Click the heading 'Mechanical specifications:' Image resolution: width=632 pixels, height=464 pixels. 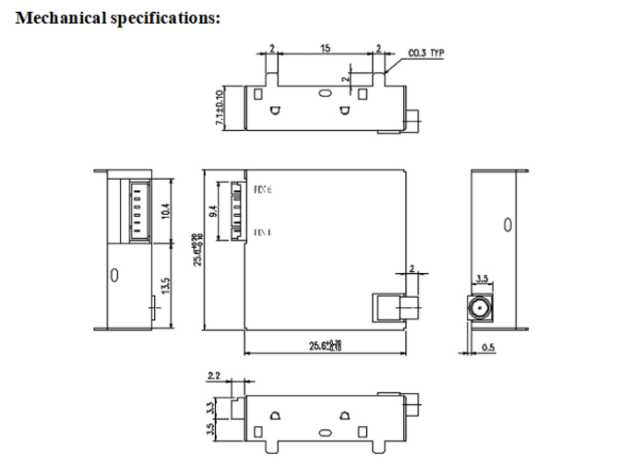[x=118, y=18]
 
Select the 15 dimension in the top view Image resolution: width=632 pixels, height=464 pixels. [x=326, y=47]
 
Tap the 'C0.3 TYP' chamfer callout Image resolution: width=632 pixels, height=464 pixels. [x=424, y=53]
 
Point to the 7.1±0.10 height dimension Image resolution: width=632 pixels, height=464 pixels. [x=220, y=108]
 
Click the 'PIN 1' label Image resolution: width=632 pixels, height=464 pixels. [x=262, y=232]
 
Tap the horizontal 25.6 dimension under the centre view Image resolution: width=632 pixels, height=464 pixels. [x=323, y=345]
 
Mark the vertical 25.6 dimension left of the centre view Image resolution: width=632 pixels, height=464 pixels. [x=197, y=248]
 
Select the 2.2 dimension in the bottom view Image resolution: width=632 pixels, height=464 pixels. [x=213, y=375]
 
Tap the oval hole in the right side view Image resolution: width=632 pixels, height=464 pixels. [x=507, y=224]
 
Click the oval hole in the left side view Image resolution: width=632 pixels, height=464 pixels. [x=114, y=275]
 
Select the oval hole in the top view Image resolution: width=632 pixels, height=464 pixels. [x=323, y=93]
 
